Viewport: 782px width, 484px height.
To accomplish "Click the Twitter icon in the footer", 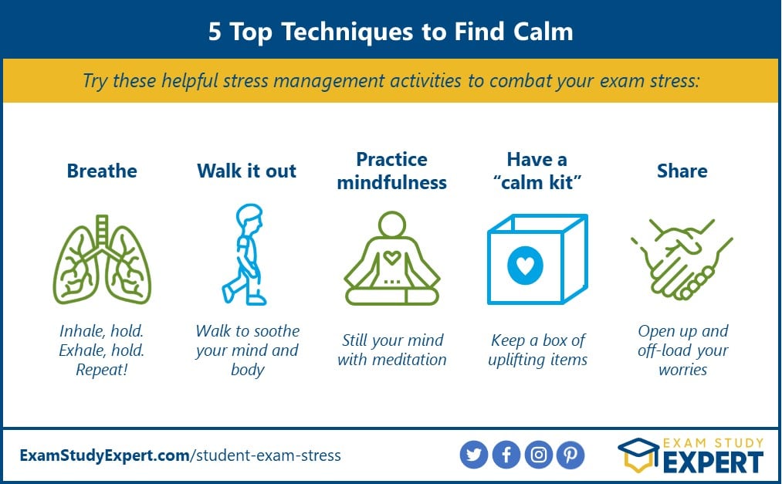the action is pos(474,455).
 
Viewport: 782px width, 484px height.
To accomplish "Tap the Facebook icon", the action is pos(506,455).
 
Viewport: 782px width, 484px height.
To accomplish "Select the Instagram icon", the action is pos(539,455).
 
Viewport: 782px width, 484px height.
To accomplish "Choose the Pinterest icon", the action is pos(570,455).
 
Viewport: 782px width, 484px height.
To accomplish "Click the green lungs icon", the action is pos(102,259).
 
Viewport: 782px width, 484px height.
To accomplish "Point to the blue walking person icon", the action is pos(245,254).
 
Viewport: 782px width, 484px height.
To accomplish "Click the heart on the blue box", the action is pos(525,266).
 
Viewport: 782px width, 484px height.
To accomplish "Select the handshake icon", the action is pos(682,259).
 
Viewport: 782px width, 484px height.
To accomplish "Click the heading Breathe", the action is pos(102,171).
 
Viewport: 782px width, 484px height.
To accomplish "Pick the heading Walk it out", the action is pos(246,171).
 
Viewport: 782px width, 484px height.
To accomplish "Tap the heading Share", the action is pos(682,171).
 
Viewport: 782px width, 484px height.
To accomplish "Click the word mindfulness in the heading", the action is pos(392,182).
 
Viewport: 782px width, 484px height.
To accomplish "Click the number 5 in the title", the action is pos(215,32).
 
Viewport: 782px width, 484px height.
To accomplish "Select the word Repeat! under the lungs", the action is pos(102,370).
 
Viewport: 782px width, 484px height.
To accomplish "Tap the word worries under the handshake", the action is pos(682,370).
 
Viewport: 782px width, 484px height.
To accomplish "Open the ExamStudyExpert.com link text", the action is pos(105,455).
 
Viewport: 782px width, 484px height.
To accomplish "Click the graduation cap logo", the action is pos(638,455).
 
